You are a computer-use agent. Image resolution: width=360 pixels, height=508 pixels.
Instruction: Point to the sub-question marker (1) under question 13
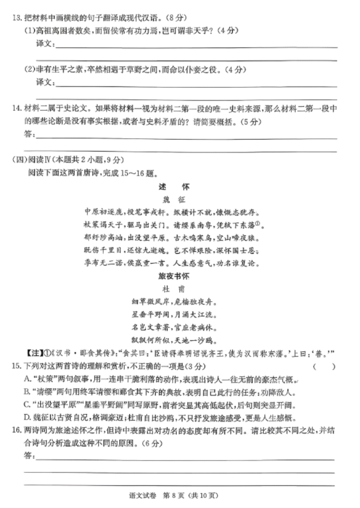pyautogui.click(x=29, y=31)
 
